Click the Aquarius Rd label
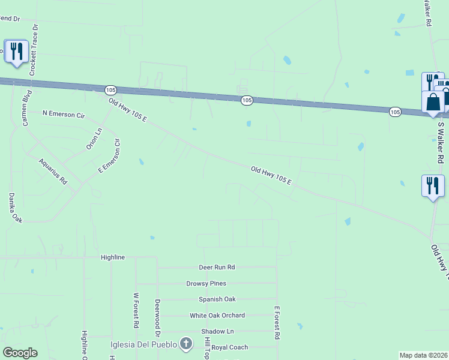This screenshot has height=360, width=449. point(52,171)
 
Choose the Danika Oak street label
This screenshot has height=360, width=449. point(15,208)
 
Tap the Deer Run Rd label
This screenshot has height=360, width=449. point(217,268)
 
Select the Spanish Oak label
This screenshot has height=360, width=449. point(217,299)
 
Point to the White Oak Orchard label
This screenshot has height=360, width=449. point(217,316)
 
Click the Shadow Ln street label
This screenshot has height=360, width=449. point(217,331)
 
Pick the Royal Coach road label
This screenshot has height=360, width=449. point(229,347)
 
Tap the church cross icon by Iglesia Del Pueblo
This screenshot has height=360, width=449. point(187,344)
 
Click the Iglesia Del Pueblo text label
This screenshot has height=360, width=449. point(144,344)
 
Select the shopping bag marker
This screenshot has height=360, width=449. point(433,103)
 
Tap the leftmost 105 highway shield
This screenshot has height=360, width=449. point(110,90)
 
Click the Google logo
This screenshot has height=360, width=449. point(20,353)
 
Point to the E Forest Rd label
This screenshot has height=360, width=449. point(277,323)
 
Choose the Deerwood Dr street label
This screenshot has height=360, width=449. point(157,317)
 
